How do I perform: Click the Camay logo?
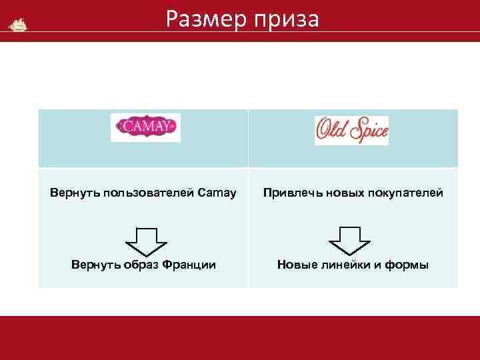pos(145,127)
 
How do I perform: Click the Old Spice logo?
pos(351,131)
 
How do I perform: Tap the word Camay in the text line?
pos(218,193)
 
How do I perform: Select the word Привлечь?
pos(289,193)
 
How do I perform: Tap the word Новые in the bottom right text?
pos(295,265)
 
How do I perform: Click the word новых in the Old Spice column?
pos(338,193)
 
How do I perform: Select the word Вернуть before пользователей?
pos(73,193)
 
